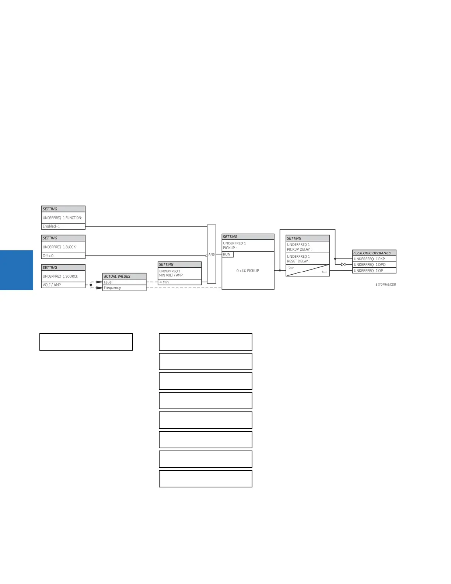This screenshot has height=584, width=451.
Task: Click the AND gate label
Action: (211, 254)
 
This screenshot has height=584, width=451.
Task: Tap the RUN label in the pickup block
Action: (227, 254)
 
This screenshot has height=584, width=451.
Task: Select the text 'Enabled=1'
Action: (51, 226)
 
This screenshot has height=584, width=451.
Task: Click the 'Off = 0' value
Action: (48, 256)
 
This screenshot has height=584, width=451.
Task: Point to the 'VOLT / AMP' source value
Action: (52, 285)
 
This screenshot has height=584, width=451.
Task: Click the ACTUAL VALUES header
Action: (117, 276)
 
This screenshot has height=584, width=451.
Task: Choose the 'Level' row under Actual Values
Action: (108, 282)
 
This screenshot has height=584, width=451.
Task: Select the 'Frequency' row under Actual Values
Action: (112, 288)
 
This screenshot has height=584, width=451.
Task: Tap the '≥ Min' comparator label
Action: (164, 282)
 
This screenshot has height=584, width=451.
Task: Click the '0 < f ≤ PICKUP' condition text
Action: (248, 271)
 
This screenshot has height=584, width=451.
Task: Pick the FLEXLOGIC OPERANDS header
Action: (372, 253)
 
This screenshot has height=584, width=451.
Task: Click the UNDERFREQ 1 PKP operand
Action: (369, 259)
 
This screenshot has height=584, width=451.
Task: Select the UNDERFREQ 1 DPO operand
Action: (370, 265)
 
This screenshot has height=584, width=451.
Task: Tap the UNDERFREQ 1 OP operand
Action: (368, 271)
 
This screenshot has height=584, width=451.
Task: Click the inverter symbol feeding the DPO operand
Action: (343, 264)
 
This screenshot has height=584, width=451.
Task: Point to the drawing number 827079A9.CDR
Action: (386, 285)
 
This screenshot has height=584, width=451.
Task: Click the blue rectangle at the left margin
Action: (17, 270)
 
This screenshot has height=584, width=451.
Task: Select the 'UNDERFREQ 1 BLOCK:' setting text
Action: (60, 247)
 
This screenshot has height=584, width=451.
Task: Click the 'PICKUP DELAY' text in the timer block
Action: (299, 250)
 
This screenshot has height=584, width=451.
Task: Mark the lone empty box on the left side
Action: (86, 342)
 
